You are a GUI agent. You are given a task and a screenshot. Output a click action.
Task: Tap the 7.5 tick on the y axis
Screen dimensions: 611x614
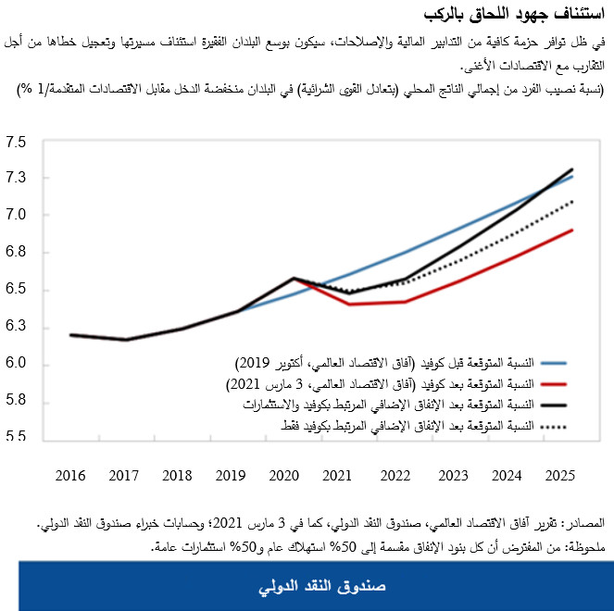(x=17, y=143)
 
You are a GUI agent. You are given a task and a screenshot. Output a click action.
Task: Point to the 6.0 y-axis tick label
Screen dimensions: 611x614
(x=17, y=365)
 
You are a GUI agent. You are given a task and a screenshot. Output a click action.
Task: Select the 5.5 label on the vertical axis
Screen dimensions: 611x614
(x=17, y=437)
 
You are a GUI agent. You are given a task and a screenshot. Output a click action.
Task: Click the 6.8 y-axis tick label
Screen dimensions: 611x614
(x=17, y=253)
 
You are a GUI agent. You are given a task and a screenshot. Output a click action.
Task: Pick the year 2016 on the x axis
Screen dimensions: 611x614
(x=70, y=476)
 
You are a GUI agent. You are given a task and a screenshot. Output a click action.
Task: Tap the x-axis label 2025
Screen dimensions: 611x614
(x=559, y=476)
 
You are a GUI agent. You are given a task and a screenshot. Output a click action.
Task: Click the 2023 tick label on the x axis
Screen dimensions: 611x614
(x=453, y=476)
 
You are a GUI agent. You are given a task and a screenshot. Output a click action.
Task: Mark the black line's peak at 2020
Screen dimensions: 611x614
(x=294, y=278)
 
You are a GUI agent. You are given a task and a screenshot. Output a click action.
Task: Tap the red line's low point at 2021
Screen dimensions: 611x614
(x=349, y=304)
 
